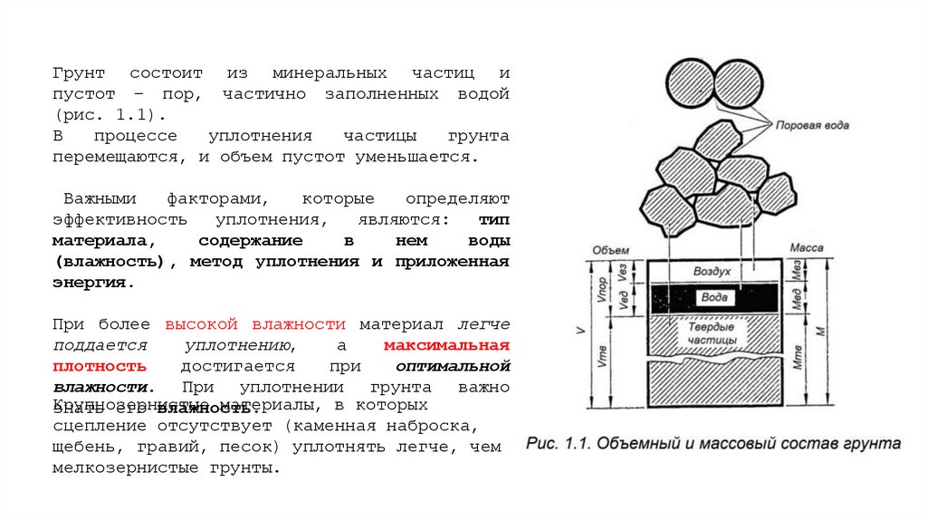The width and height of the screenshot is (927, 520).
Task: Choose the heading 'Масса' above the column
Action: coord(806,247)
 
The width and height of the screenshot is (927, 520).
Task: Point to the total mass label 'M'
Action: coord(818,332)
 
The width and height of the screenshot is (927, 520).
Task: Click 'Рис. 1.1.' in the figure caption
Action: coord(558,444)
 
